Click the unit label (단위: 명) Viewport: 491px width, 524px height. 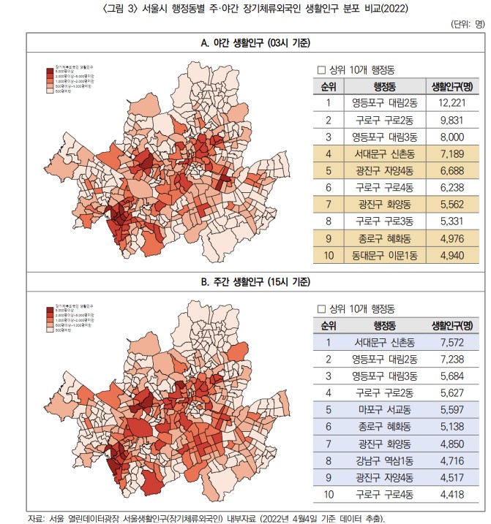(468, 24)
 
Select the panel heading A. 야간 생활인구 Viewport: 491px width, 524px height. (245, 43)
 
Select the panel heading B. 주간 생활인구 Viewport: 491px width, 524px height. (245, 281)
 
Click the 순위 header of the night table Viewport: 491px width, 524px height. (329, 86)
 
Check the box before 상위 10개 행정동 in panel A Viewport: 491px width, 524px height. (321, 70)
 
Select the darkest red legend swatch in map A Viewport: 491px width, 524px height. (50, 70)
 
